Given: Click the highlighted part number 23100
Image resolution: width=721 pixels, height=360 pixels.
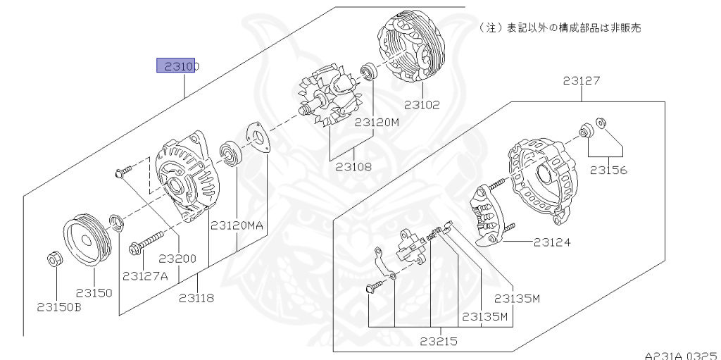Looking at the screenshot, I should tap(178, 66).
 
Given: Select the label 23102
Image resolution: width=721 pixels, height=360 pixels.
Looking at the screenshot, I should tap(422, 105).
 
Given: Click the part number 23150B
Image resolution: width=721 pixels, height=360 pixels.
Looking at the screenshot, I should tap(59, 306).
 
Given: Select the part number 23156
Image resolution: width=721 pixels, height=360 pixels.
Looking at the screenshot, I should tap(608, 170).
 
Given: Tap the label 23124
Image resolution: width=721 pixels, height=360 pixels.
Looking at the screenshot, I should tap(552, 242).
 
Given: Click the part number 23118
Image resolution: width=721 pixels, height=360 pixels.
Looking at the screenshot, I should tap(196, 298).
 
